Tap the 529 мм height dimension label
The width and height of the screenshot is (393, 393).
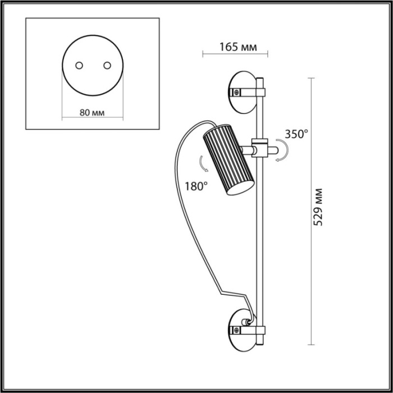(318, 207)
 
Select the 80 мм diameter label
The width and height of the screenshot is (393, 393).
(92, 112)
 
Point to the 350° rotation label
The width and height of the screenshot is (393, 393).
(296, 134)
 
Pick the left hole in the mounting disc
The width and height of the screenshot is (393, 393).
(79, 65)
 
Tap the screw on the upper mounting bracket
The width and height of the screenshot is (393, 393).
(237, 91)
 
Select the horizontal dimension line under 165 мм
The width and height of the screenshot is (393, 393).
(235, 54)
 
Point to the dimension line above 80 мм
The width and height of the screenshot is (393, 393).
(92, 117)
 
